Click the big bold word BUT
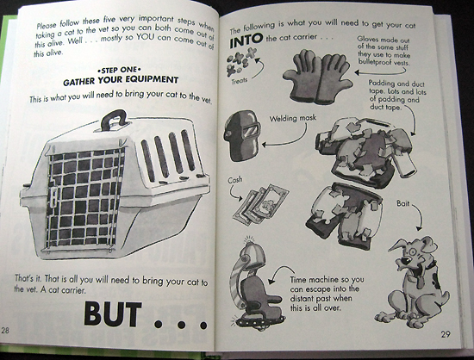[x=112, y=314]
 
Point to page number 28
[x=5, y=330]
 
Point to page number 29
[x=446, y=334]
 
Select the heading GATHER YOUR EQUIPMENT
[x=121, y=80]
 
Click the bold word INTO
[x=246, y=40]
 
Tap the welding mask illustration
[x=242, y=135]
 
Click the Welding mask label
[x=293, y=118]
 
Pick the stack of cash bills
[x=260, y=204]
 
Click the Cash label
[x=235, y=180]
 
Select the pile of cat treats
[x=241, y=61]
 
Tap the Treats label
[x=240, y=81]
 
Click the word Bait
[x=403, y=203]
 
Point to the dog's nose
[x=404, y=260]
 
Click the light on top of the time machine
[x=249, y=240]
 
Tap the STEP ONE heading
[x=120, y=71]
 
